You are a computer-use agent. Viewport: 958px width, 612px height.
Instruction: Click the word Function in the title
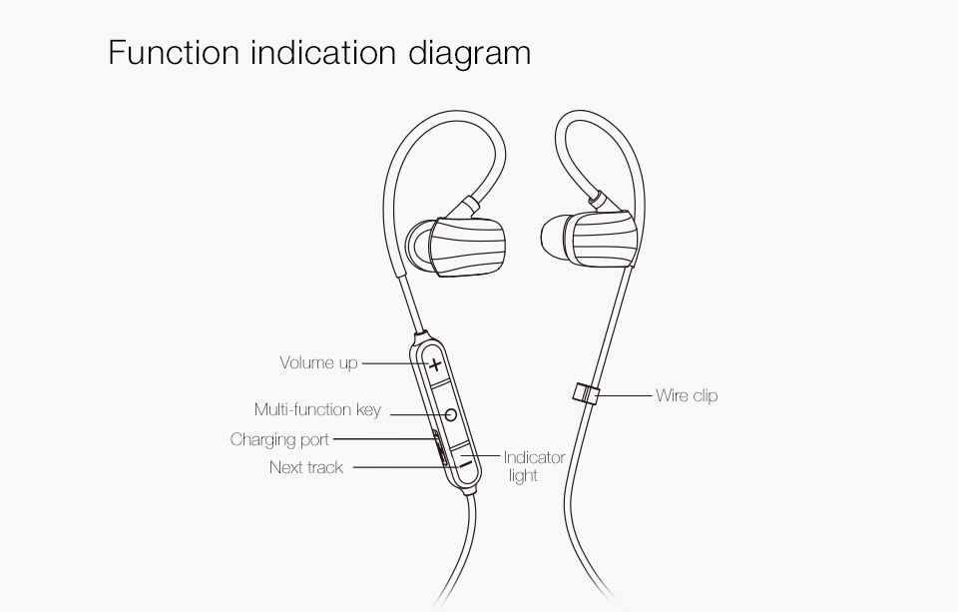pyautogui.click(x=173, y=52)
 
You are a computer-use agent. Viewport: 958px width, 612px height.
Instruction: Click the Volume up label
pyautogui.click(x=318, y=362)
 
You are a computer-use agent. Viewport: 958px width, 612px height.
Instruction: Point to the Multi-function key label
pyautogui.click(x=317, y=410)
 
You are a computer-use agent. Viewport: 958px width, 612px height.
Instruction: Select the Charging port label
pyautogui.click(x=279, y=439)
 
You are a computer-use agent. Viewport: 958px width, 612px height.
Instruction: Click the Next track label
pyautogui.click(x=306, y=467)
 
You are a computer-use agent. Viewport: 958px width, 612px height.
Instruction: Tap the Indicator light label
pyautogui.click(x=533, y=466)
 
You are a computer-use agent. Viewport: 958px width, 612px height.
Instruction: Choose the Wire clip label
pyautogui.click(x=687, y=395)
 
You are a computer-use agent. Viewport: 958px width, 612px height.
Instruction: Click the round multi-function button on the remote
pyautogui.click(x=449, y=412)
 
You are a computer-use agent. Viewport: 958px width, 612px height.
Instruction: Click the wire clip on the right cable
pyautogui.click(x=586, y=391)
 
